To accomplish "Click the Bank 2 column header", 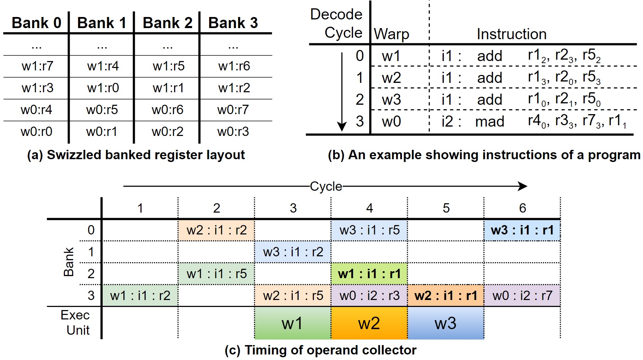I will point(167,23).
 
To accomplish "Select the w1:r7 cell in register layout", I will point(37,66).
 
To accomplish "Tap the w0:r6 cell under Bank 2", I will point(167,110).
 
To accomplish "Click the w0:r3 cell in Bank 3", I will point(233,131).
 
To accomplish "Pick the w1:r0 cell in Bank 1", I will point(103,88).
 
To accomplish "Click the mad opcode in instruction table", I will point(489,121).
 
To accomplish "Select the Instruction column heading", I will point(511,34).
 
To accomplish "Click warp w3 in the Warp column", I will point(391,100).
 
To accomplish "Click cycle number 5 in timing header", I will point(446,208).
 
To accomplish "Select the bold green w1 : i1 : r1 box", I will point(369,274).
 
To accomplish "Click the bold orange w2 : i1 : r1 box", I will point(446,295).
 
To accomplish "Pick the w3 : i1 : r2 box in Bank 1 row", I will point(293,252).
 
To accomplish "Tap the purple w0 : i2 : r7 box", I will point(522,295).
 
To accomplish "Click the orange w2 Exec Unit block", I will point(369,323).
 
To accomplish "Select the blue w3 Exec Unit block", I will point(446,323).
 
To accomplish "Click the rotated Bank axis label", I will point(69,262).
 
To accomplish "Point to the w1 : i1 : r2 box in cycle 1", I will point(140,295).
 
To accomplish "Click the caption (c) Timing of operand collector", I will point(320,350).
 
